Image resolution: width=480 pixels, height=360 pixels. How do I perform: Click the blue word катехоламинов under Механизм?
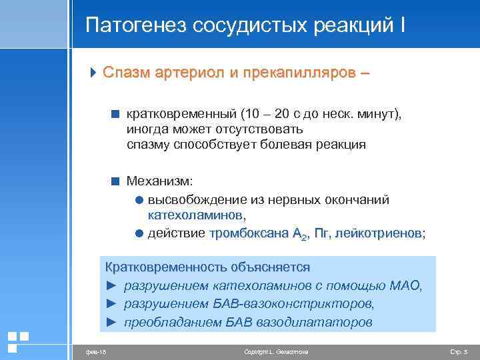tap(195, 215)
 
